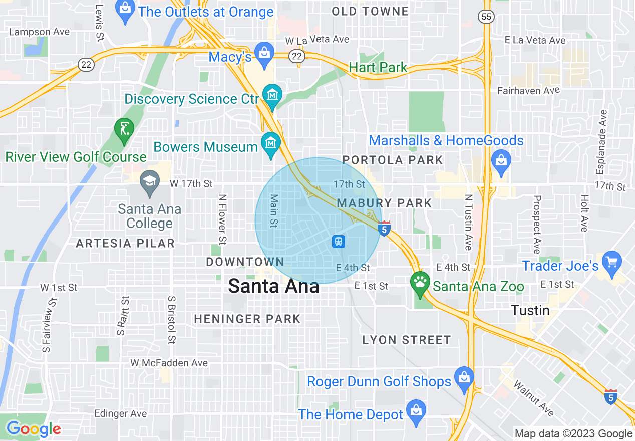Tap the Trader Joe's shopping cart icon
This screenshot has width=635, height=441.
(x=612, y=262)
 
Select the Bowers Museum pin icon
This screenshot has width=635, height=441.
(x=271, y=144)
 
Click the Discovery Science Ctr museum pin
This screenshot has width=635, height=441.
(x=272, y=95)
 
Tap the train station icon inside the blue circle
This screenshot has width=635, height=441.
(x=339, y=242)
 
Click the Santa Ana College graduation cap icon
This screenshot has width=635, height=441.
(x=149, y=180)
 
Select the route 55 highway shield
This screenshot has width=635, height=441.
(x=486, y=17)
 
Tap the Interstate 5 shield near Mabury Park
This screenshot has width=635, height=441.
(x=384, y=229)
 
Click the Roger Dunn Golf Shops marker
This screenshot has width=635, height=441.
(x=464, y=377)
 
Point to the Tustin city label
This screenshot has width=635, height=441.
(x=530, y=310)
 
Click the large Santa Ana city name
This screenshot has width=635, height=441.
(x=273, y=286)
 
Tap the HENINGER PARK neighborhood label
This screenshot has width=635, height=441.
(x=247, y=319)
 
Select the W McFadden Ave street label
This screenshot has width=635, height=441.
(x=169, y=363)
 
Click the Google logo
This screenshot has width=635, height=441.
(x=34, y=429)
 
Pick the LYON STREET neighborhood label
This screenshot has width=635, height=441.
(x=406, y=340)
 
